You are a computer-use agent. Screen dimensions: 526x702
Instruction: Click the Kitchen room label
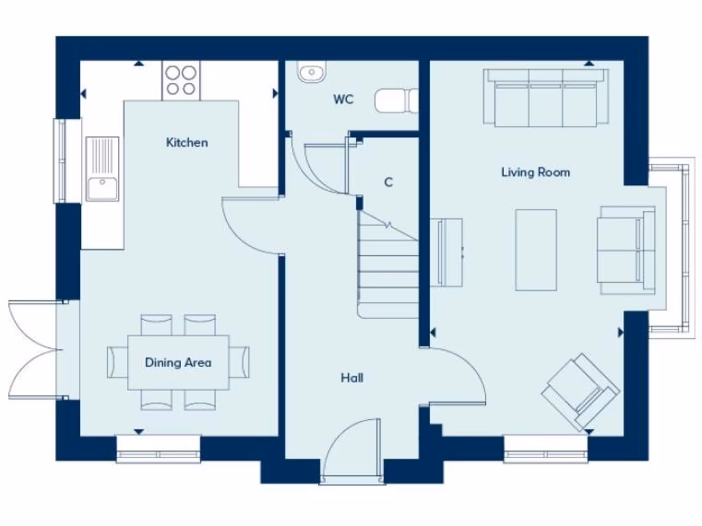(186, 142)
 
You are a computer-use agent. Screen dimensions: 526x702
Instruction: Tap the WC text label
(343, 99)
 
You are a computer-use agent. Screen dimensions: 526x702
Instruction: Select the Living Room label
(535, 172)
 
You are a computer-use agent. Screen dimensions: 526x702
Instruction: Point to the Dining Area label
(178, 362)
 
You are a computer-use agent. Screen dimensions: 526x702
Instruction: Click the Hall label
(352, 377)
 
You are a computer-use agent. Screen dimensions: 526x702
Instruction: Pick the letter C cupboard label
(388, 182)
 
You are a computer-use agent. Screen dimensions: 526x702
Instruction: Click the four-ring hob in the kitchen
(182, 80)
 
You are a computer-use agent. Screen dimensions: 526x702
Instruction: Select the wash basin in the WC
(311, 72)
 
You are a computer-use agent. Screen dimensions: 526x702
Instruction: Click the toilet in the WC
(396, 99)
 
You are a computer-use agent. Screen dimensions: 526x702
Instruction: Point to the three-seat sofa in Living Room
(546, 97)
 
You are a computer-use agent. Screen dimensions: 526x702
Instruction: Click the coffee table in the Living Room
(535, 250)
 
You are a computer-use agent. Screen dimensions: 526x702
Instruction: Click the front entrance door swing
(351, 452)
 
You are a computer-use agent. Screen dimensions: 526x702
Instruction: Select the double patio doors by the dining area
(34, 349)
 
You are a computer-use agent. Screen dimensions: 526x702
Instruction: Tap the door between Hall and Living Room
(456, 373)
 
